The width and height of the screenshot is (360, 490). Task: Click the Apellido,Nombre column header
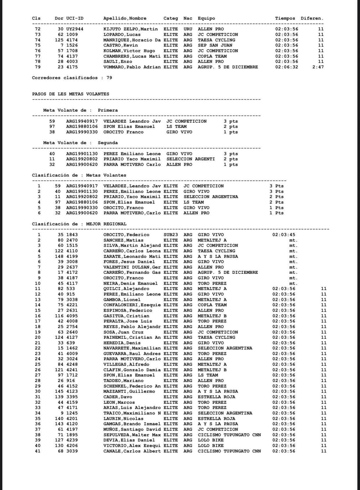pos(125,18)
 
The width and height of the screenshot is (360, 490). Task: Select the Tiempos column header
pos(285,18)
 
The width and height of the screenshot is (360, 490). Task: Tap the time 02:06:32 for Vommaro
pos(286,67)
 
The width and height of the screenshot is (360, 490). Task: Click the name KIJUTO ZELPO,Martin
pos(130,29)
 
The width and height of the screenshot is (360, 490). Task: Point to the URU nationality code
pos(188,29)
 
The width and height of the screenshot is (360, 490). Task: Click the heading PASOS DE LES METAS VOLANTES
pos(70,94)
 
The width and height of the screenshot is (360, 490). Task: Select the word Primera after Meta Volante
pos(108,110)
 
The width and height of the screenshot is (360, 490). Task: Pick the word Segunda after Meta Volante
pos(108,143)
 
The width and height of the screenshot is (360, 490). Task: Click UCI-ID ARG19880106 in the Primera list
pos(82,126)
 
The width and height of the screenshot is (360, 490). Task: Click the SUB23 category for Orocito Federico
pos(170,235)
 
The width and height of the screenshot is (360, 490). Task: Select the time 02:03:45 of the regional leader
pos(283,235)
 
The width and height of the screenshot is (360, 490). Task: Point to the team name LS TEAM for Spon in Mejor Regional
pos(208,375)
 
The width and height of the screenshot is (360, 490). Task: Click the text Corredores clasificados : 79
pos(72,78)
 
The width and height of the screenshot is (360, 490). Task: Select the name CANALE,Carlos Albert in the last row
pos(132,451)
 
